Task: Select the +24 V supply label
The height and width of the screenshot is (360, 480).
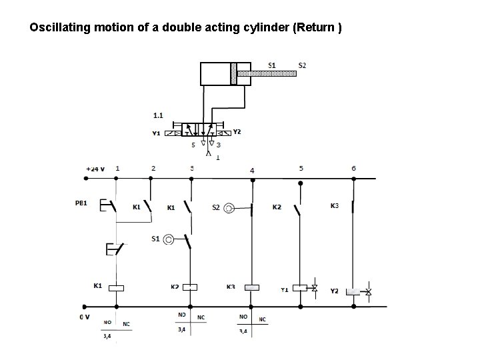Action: coord(95,169)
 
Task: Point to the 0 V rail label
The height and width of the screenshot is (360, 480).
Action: coord(85,317)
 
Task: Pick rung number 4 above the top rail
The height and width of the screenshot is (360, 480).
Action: coord(252,171)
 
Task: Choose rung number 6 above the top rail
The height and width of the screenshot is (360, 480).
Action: coord(354,168)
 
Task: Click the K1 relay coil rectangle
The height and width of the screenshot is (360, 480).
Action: coord(117,288)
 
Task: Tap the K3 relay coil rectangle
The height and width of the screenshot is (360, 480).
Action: coord(252,288)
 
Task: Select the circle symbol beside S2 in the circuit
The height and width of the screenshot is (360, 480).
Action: coord(229,208)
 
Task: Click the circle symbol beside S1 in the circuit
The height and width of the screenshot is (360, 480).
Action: coord(169,239)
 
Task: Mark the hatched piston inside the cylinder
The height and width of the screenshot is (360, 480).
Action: coord(233,73)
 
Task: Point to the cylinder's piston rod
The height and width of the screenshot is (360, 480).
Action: coord(267,73)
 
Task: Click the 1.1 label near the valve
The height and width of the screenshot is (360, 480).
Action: coord(159,115)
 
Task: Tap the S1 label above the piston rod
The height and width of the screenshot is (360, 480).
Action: coord(272,65)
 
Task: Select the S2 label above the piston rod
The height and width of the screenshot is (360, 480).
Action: coord(302,65)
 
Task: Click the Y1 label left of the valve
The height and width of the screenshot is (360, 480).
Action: coord(157,133)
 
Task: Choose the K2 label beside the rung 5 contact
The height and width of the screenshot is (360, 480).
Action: coord(277,207)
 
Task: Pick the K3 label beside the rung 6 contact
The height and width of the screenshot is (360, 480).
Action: coord(335,206)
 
